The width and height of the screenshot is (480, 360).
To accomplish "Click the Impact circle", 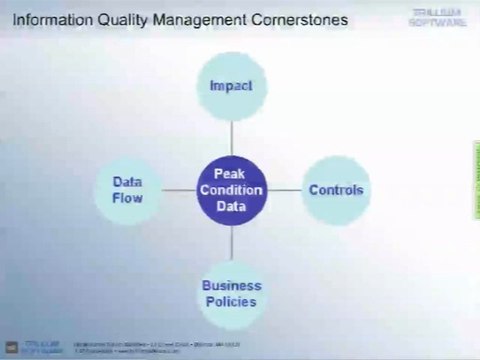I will point(230,86).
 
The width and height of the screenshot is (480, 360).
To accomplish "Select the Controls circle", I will point(335,189).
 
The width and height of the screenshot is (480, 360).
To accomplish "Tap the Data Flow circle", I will point(127,190).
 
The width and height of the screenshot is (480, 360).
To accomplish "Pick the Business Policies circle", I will point(230,292).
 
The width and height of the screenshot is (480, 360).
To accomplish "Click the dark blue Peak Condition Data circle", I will point(231,190).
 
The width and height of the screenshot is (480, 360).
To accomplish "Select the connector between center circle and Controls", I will point(283,190).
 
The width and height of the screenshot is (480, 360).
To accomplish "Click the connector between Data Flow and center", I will point(178,190).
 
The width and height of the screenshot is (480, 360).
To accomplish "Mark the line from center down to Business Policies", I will point(231,241).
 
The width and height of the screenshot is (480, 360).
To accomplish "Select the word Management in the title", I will point(197,19).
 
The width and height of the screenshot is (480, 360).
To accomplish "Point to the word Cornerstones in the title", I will point(297,19).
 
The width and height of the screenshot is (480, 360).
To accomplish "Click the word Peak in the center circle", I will point(231,174).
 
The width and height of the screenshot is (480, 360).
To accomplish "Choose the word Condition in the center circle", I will point(231,190).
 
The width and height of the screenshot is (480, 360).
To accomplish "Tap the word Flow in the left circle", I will point(127,198).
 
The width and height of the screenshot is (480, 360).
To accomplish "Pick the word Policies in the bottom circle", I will point(230,301).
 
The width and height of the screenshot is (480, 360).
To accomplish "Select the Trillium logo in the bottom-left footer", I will point(36,345).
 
